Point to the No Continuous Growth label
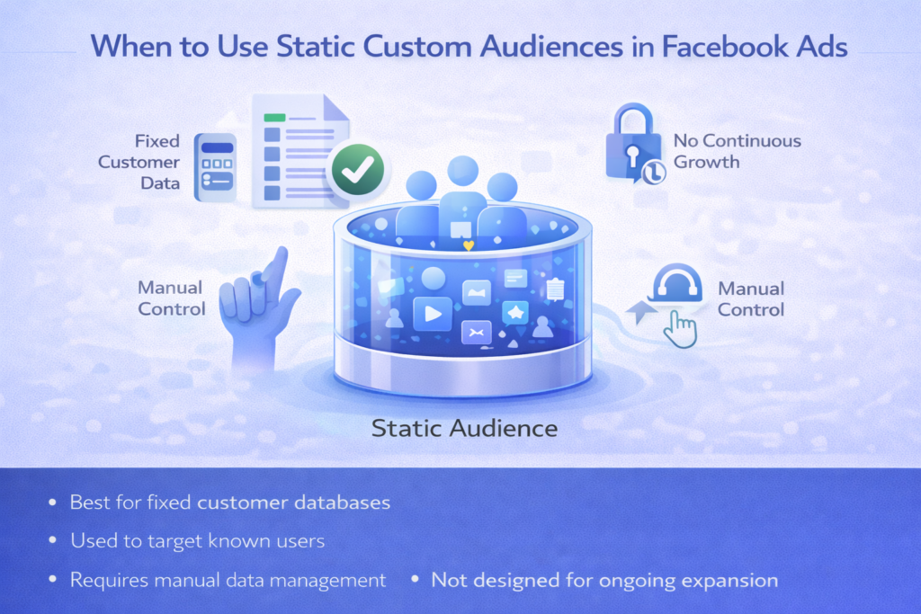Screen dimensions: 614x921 (x=738, y=151)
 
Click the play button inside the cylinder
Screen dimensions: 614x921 (x=432, y=314)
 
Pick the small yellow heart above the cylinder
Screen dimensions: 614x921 (x=466, y=245)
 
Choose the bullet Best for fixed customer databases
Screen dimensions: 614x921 (x=229, y=502)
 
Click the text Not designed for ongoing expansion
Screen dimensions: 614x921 (x=604, y=580)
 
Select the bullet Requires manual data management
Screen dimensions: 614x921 (x=228, y=580)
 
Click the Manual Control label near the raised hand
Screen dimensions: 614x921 (x=171, y=298)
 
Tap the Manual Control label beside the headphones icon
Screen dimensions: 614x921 (x=751, y=299)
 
